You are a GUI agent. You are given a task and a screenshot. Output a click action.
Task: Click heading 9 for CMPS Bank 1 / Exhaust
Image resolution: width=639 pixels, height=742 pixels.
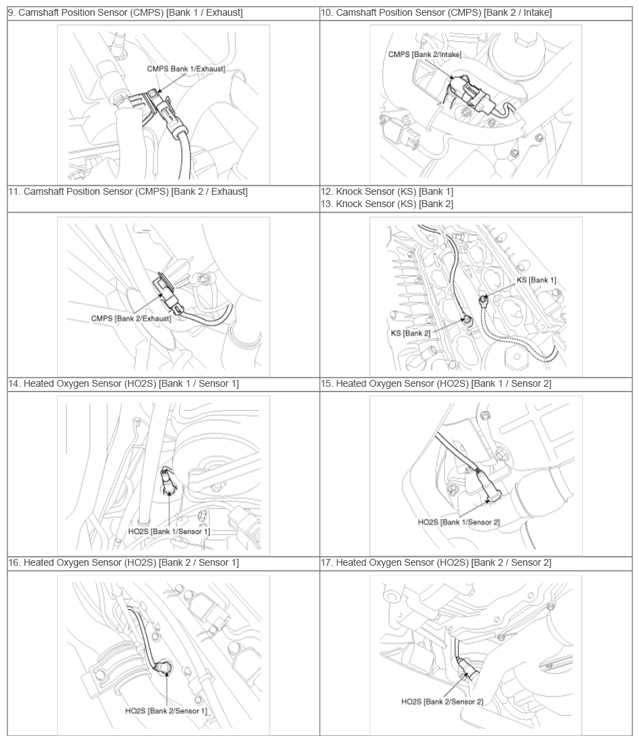pyautogui.click(x=125, y=13)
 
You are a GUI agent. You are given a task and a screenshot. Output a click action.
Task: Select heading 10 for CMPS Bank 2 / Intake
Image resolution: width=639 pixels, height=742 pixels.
pyautogui.click(x=436, y=13)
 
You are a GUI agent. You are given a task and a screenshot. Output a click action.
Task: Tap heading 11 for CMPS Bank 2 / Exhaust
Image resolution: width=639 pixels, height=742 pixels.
pyautogui.click(x=128, y=191)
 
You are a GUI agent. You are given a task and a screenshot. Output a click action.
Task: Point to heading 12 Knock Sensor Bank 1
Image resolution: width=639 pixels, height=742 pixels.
pyautogui.click(x=387, y=191)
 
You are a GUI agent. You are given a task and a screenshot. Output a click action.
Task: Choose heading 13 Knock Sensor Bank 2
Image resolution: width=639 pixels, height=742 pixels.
pyautogui.click(x=387, y=204)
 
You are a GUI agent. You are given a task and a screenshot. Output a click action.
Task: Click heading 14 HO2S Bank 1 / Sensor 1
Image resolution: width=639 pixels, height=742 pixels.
pyautogui.click(x=123, y=384)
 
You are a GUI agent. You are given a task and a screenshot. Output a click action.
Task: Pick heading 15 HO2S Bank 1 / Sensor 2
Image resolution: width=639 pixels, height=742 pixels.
pyautogui.click(x=436, y=384)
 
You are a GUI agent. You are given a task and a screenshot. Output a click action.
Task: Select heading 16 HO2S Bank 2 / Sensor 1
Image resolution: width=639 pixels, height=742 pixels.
pyautogui.click(x=123, y=562)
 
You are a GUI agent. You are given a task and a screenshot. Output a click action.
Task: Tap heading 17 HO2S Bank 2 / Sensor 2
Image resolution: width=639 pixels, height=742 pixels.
pyautogui.click(x=436, y=562)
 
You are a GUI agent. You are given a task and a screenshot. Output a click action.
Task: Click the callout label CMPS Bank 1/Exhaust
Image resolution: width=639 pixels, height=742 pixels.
pyautogui.click(x=186, y=69)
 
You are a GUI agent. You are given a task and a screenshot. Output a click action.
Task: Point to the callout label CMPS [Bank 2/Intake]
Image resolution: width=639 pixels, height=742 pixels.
pyautogui.click(x=424, y=54)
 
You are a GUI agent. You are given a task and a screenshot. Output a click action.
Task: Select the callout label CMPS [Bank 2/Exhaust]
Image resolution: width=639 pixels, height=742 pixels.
pyautogui.click(x=131, y=318)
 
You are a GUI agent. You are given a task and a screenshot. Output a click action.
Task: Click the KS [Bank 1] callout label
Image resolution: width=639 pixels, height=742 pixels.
pyautogui.click(x=536, y=280)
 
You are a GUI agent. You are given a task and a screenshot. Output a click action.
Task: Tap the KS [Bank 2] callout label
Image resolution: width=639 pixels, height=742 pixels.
pyautogui.click(x=411, y=333)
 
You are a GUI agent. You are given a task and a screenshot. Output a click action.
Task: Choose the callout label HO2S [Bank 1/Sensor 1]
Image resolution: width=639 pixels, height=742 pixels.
pyautogui.click(x=169, y=531)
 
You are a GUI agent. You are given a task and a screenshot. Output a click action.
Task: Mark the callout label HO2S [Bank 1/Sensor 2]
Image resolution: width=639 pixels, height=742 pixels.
pyautogui.click(x=459, y=522)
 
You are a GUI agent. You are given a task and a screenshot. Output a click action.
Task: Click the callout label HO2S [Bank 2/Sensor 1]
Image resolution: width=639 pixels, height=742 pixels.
pyautogui.click(x=166, y=710)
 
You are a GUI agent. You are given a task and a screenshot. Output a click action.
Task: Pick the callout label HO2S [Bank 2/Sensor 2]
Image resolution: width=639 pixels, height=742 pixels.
pyautogui.click(x=442, y=702)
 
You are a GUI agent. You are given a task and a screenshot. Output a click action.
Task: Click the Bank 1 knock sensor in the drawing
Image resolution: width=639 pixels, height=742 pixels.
pyautogui.click(x=483, y=299)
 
